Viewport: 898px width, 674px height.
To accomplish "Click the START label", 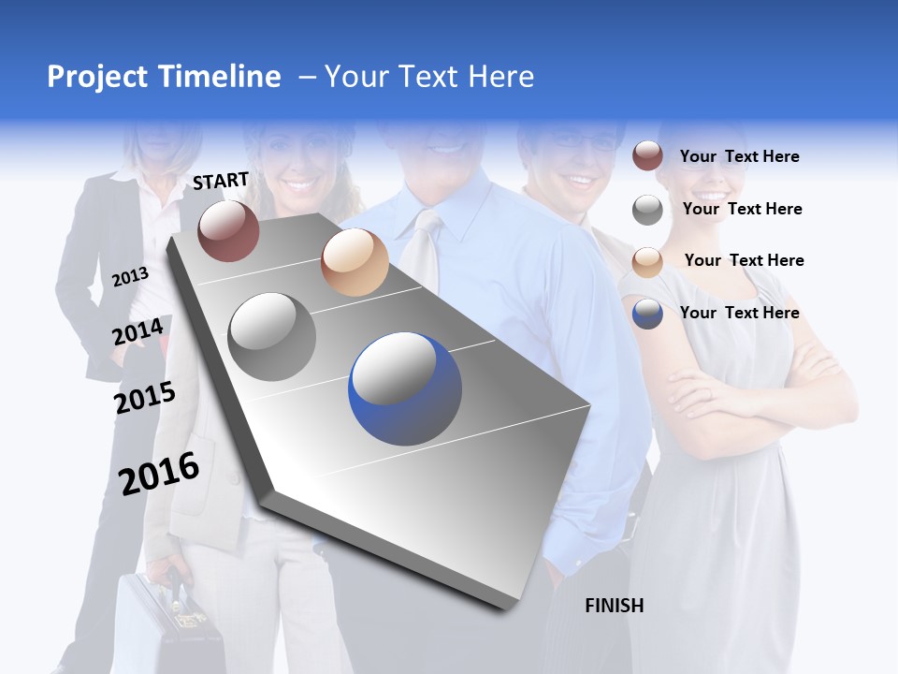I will click(221, 181).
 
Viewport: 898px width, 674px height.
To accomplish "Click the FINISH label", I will click(614, 606).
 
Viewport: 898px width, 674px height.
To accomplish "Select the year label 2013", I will click(131, 276).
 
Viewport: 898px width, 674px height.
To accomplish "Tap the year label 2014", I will click(138, 331).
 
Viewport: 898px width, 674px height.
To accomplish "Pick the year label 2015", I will click(145, 398).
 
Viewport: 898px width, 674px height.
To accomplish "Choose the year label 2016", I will click(159, 473).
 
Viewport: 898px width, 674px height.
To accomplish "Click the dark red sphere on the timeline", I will click(228, 230).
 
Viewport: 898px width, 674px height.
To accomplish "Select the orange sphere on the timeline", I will click(355, 262).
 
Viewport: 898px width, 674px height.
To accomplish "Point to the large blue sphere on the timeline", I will click(405, 388).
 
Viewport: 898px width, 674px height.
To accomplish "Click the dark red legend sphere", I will click(647, 156).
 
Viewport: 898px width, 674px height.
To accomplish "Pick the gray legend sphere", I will click(647, 210).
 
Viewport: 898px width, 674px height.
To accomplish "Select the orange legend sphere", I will click(647, 261).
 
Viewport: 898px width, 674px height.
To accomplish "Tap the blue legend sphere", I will click(647, 313).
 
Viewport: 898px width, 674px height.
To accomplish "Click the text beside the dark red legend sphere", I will click(739, 156).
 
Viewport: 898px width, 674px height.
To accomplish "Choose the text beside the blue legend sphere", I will click(739, 313).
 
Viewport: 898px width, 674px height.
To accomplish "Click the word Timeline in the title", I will click(219, 77).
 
